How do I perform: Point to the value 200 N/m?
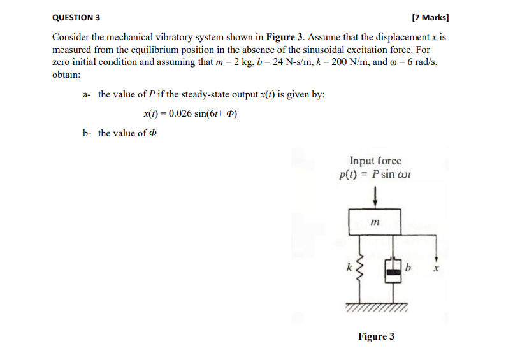coord(366,62)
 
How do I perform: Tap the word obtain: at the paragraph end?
coord(66,75)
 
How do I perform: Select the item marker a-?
coord(87,94)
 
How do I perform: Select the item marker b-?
coord(87,133)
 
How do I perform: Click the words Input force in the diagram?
coord(375,162)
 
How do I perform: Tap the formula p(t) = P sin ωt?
coord(375,175)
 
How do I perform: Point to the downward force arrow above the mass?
coord(375,195)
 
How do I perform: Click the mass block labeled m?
coord(375,222)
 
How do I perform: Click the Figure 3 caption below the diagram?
coord(376,336)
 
